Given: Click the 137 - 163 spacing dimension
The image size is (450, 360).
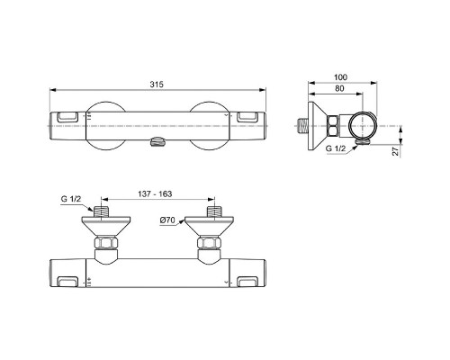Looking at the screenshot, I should pos(157,193).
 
